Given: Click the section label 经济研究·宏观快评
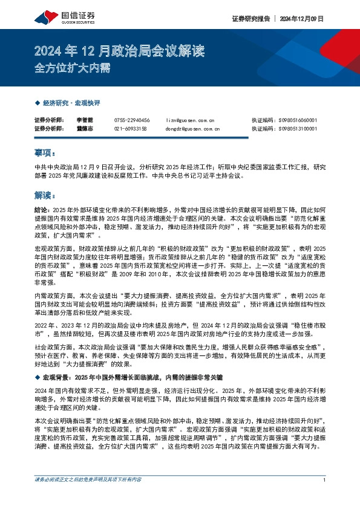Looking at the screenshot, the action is pyautogui.click(x=69, y=103).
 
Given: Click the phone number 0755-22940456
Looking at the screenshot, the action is pyautogui.click(x=131, y=120).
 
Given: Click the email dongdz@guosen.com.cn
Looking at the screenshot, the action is pyautogui.click(x=192, y=128).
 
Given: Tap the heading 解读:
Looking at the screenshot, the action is pyautogui.click(x=45, y=195).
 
